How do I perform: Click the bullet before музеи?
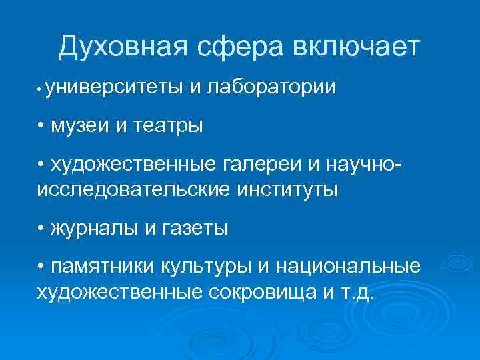pos(42,125)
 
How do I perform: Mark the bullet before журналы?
pos(42,228)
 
